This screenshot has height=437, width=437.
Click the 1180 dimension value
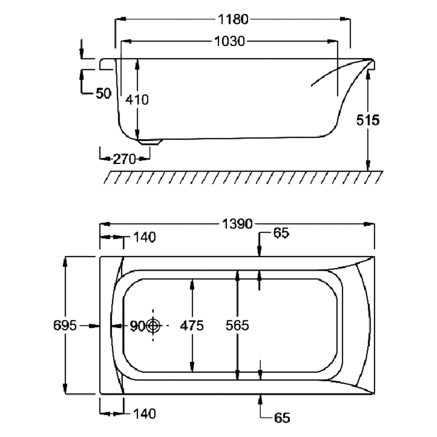232,19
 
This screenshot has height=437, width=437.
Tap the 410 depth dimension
137,100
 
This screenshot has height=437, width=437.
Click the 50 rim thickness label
103,93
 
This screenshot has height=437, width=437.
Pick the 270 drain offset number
125,159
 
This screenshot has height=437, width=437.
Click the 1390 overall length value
237,224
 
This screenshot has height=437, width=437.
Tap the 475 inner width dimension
192,325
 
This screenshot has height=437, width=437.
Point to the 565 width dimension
237,325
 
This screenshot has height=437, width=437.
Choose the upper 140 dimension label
143,237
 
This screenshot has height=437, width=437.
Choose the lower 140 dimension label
143,414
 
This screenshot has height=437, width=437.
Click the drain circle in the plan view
153,325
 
